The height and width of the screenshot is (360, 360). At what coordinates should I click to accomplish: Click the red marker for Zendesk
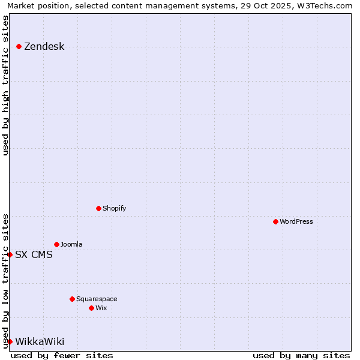point(19,46)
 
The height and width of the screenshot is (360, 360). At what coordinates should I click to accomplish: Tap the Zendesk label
point(44,47)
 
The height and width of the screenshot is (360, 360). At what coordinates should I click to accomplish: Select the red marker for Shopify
point(98,208)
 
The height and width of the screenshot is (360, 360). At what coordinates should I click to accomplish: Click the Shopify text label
point(114,209)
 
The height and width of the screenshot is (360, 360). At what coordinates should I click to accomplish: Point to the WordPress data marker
point(275,221)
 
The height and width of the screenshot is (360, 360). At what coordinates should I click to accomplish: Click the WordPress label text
point(296,222)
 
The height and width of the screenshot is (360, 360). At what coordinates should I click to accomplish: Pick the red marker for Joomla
point(56,244)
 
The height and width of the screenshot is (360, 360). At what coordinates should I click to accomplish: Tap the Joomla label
point(71,245)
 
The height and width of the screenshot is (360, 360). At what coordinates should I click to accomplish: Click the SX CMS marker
point(10,254)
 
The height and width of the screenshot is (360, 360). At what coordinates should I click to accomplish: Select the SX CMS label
point(34,255)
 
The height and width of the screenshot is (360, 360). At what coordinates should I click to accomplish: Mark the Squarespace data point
point(72,299)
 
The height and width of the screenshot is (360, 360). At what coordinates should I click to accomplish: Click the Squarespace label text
point(97,299)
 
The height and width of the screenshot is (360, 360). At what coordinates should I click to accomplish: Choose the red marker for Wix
point(91,308)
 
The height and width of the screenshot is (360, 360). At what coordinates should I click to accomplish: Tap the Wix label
point(101,308)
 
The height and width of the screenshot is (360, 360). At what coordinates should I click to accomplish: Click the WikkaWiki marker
point(10,341)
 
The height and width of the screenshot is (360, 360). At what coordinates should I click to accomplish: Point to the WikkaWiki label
point(40,342)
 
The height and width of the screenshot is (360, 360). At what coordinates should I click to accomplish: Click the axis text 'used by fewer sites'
point(62,355)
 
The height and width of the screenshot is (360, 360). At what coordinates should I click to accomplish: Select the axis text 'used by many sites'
point(301,355)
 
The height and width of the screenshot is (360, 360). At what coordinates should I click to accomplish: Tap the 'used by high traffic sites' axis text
point(5,85)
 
